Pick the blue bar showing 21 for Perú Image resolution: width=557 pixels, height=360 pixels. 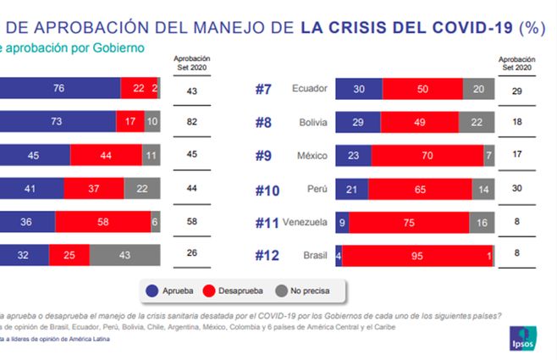351,188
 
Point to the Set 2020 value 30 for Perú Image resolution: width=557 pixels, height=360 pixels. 517,188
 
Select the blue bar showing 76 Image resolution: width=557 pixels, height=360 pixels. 58,89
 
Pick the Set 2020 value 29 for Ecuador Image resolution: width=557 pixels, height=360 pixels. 517,89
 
